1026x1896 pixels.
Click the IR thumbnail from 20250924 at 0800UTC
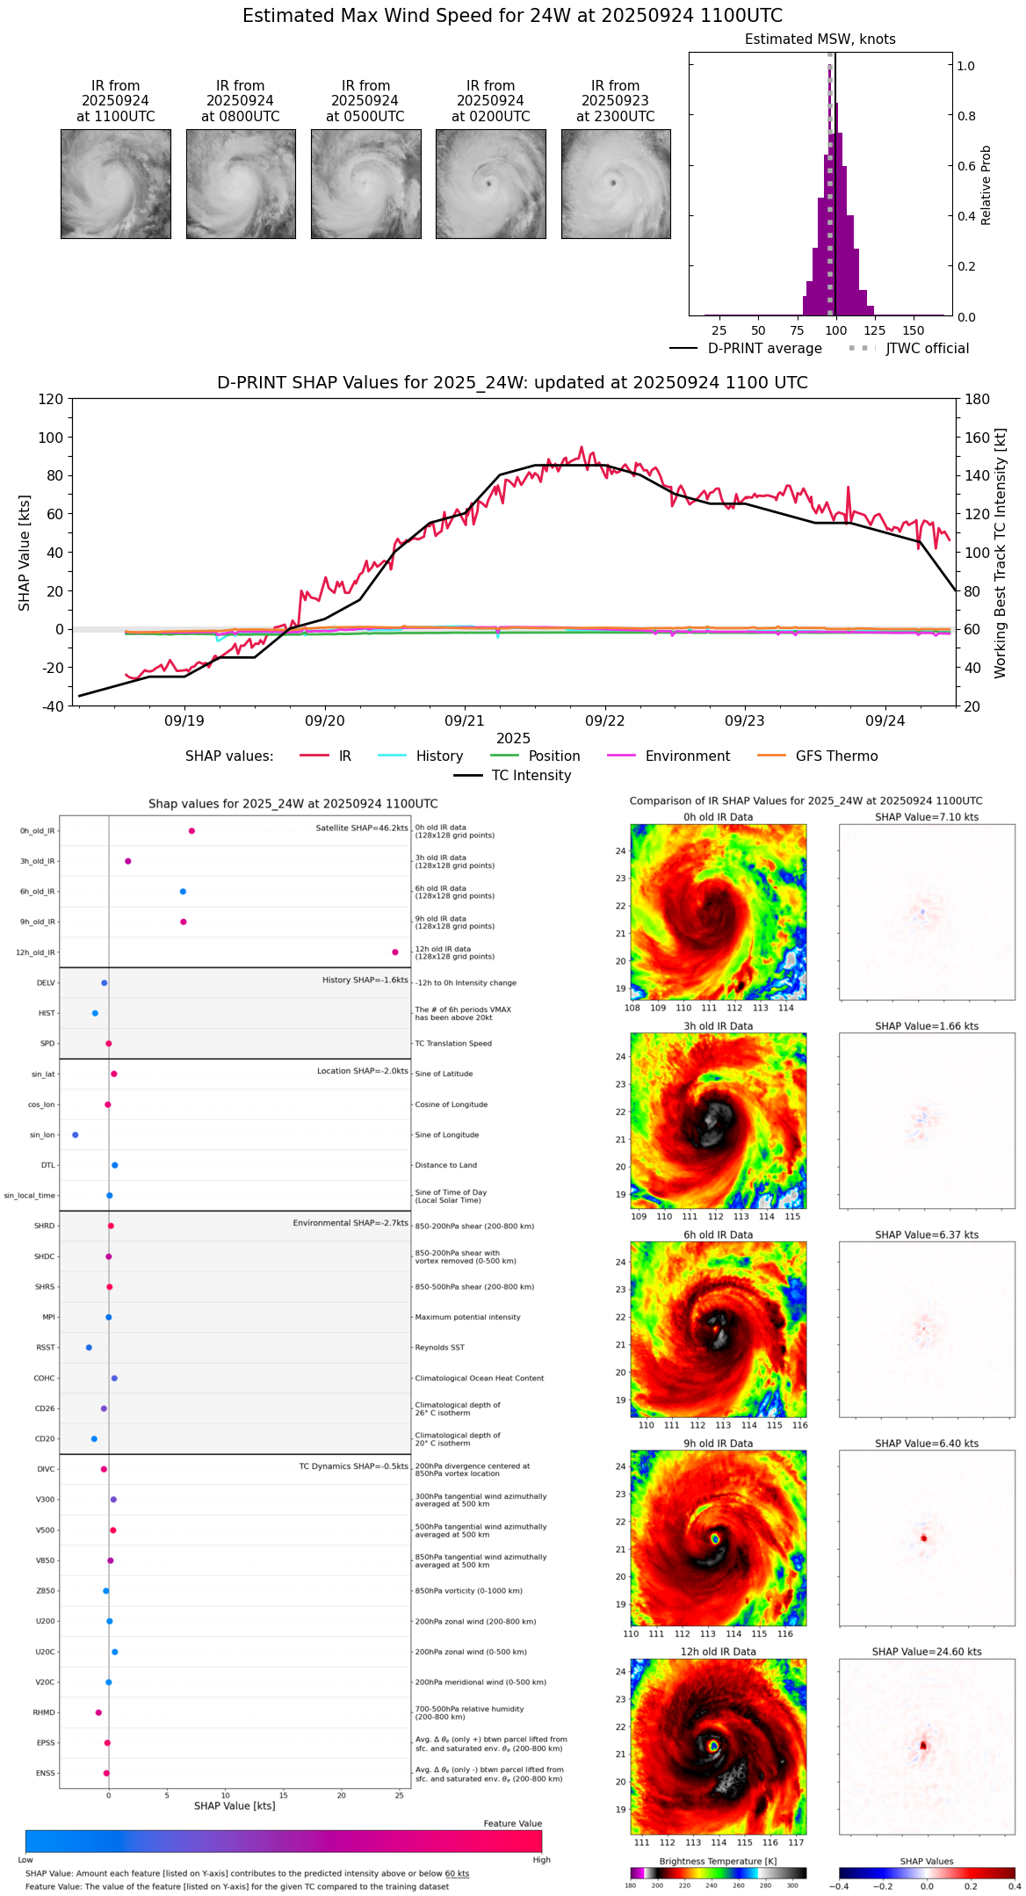[241, 184]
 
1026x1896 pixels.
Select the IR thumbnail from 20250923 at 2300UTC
[616, 184]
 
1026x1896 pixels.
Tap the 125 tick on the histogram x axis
[874, 330]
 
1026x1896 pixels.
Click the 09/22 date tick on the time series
[604, 720]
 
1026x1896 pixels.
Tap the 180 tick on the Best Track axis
[978, 400]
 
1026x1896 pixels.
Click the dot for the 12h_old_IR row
[395, 952]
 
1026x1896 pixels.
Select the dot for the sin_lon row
[76, 1135]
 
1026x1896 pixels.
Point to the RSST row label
[46, 1348]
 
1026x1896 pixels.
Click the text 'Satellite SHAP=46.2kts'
[362, 829]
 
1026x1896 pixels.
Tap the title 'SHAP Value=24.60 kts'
[927, 1652]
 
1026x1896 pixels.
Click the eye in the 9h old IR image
[715, 1538]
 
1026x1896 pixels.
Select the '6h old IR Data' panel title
[718, 1234]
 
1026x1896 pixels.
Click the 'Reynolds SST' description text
[440, 1348]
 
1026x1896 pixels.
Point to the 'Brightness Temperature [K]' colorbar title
[718, 1861]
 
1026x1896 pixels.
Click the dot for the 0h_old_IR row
[191, 831]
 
